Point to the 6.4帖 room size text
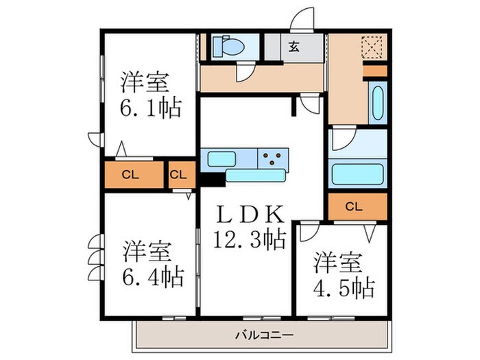[x=152, y=277]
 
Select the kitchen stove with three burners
[x=273, y=159]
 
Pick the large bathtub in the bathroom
[x=357, y=173]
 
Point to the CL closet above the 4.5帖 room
[x=354, y=206]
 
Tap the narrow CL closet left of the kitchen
[x=178, y=174]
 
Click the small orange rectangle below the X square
[x=374, y=71]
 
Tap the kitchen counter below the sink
[x=255, y=176]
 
